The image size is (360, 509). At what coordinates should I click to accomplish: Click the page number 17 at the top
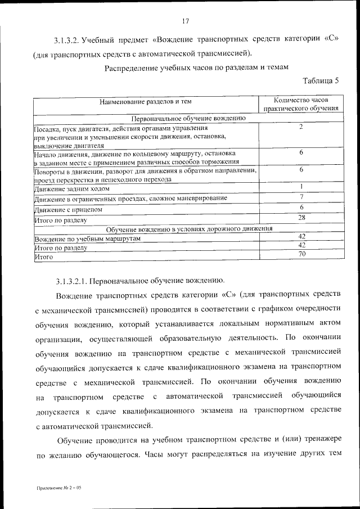click(185, 21)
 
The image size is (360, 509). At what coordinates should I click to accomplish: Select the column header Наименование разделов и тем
click(146, 102)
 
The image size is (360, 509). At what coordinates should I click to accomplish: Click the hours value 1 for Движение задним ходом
click(301, 187)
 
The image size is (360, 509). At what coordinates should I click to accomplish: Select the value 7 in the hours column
click(301, 196)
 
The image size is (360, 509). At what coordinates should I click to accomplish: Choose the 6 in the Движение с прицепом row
click(301, 207)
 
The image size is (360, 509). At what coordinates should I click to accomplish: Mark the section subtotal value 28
click(301, 217)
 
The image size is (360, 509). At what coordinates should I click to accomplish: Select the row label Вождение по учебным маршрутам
click(87, 238)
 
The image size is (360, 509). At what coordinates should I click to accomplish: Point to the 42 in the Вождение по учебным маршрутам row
click(301, 236)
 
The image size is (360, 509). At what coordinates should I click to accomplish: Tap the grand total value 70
click(301, 254)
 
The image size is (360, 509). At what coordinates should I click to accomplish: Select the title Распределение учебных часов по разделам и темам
click(196, 67)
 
